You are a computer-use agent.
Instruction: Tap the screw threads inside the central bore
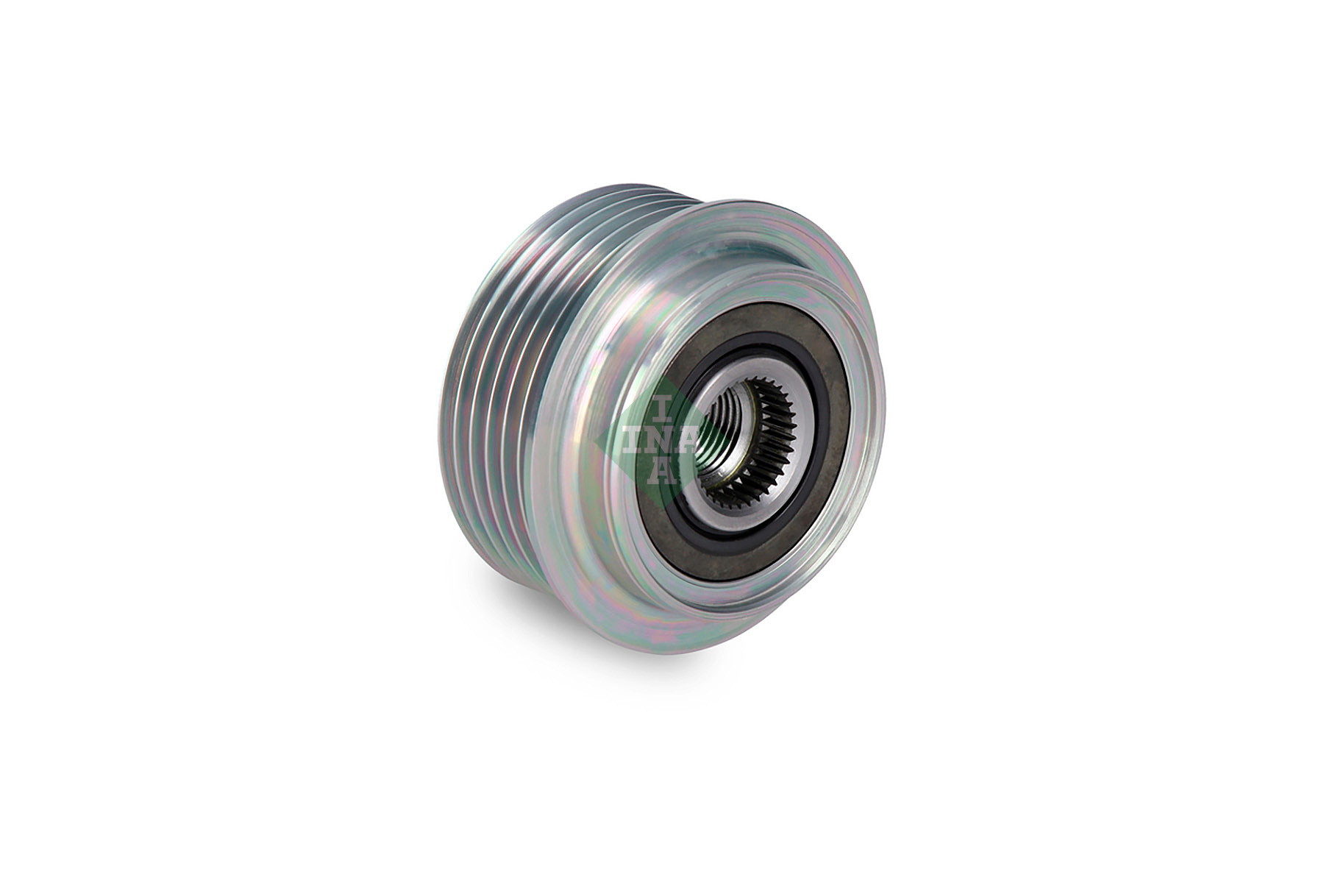[x=717, y=441]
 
